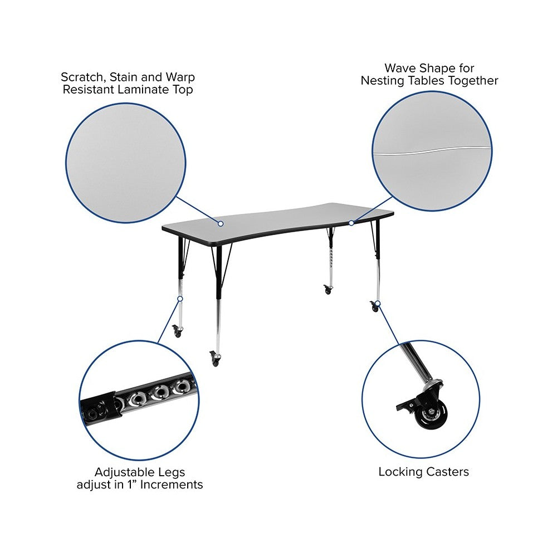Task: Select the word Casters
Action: (448, 472)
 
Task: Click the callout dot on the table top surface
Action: (221, 223)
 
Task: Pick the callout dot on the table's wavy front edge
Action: (351, 223)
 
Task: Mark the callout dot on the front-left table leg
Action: (180, 299)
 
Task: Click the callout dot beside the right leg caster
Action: (378, 304)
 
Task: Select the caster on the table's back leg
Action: (328, 289)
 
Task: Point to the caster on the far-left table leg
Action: (177, 331)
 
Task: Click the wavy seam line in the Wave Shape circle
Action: (432, 150)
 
